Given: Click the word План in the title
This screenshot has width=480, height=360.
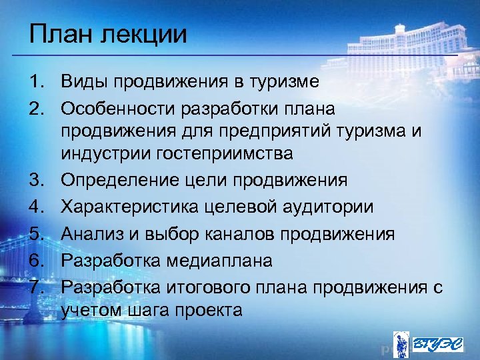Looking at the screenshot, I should pos(61,33).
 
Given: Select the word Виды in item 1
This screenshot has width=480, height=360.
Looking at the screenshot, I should pos(84,83).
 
